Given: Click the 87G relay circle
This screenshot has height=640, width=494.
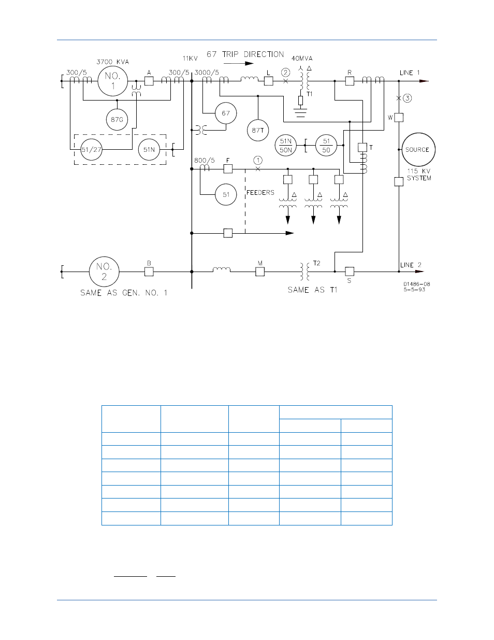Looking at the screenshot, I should click(117, 120).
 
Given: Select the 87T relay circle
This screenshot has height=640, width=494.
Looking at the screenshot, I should click(258, 130).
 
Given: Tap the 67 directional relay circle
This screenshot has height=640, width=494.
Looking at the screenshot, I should click(226, 113).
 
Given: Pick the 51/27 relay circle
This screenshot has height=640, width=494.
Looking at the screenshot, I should click(92, 150).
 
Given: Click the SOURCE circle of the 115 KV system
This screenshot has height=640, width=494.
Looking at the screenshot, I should click(418, 150).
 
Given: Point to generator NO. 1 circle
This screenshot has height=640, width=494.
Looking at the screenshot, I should click(113, 81).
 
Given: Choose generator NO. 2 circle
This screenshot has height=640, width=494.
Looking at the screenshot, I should click(104, 272).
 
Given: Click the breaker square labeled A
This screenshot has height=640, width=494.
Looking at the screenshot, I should click(149, 81).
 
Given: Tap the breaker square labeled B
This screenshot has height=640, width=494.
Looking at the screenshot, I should click(149, 272).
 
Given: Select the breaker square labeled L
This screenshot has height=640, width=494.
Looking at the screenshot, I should click(269, 81).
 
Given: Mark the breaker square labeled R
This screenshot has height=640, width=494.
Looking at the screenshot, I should click(350, 81).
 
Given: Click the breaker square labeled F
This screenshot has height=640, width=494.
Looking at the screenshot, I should click(228, 169).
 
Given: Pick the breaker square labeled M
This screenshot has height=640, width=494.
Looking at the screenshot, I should click(260, 272).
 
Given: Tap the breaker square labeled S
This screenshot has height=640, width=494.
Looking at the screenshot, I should click(350, 272).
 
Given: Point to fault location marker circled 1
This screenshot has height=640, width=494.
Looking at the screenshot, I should click(258, 160).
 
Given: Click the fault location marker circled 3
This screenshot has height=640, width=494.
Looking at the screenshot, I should click(408, 98).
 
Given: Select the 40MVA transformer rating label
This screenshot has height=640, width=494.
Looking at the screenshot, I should click(302, 59).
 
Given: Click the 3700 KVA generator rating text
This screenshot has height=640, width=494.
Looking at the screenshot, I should click(112, 62).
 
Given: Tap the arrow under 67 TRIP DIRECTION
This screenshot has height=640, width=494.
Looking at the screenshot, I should click(239, 64).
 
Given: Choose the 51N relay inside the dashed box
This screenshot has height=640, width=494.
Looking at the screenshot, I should click(149, 150).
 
